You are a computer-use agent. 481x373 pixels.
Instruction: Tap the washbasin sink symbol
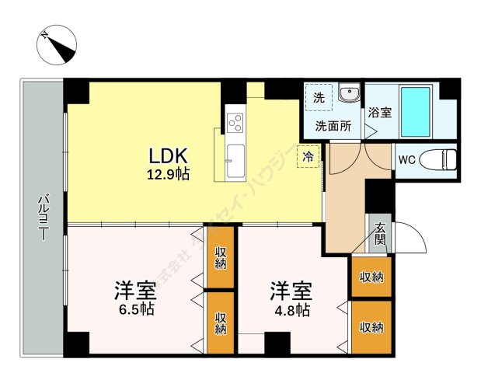pyautogui.click(x=349, y=96)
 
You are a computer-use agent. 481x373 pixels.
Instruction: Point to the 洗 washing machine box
pyautogui.click(x=319, y=98)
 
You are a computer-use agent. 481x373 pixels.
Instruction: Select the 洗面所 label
pyautogui.click(x=332, y=124)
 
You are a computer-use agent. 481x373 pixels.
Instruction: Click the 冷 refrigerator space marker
pyautogui.click(x=308, y=156)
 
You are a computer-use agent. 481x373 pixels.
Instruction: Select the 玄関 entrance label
pyautogui.click(x=380, y=234)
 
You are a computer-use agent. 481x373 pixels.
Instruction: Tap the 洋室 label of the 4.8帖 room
pyautogui.click(x=291, y=291)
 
